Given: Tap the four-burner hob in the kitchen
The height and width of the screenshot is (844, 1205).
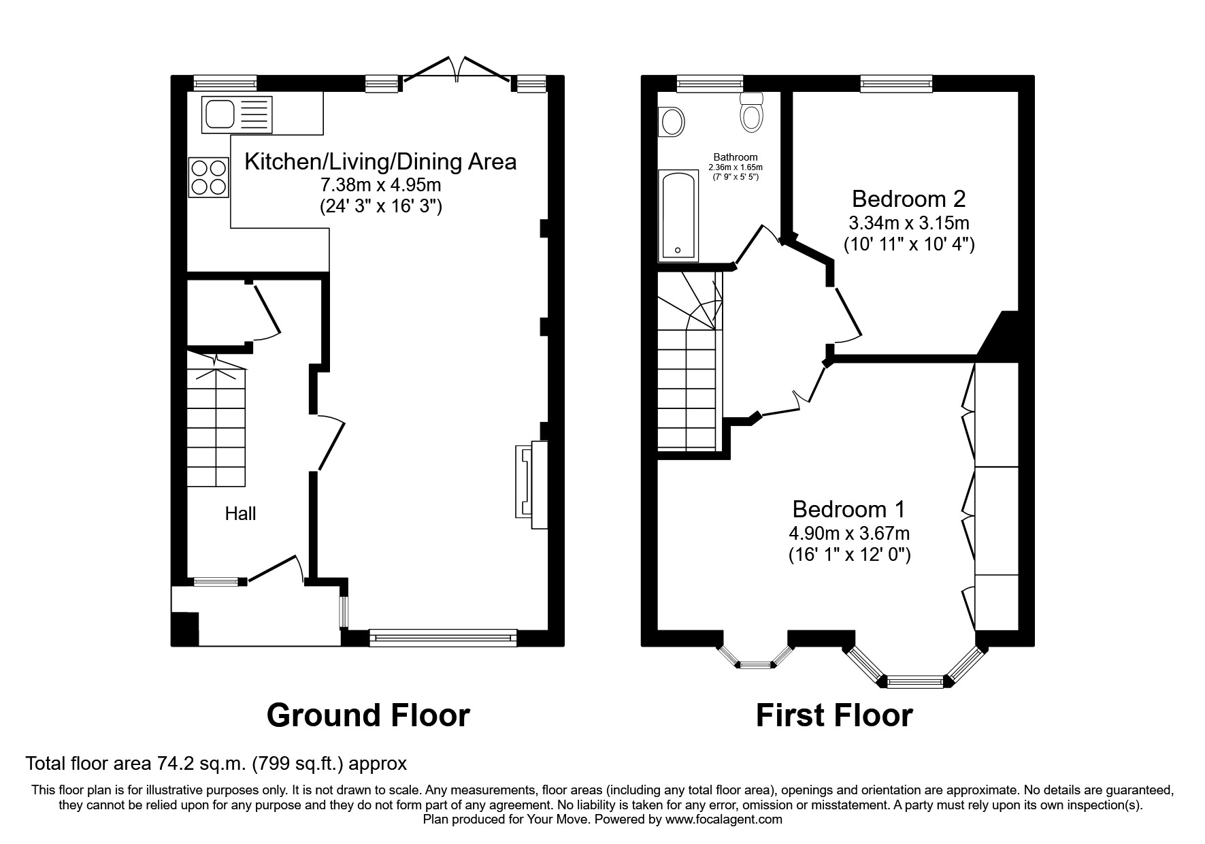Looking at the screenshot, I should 209,177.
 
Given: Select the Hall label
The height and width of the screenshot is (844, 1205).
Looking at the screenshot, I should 240,513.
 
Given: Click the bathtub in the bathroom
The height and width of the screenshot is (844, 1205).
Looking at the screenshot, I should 678,215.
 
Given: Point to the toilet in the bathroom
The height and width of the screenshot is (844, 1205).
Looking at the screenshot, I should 751,112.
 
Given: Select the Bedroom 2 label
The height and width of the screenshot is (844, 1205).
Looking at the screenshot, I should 908,199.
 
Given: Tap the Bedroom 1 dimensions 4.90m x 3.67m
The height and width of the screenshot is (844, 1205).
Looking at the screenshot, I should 848,533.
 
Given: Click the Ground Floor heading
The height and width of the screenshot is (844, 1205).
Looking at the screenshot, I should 367,715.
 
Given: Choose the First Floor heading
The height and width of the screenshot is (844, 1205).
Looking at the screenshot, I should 833,715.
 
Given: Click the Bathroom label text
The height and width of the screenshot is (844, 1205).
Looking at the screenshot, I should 735,157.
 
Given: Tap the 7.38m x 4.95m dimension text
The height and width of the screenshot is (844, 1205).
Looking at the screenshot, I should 380,184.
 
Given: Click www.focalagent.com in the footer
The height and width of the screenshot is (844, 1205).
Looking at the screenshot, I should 724,819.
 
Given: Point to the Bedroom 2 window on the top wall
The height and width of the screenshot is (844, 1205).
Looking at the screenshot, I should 895,84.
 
